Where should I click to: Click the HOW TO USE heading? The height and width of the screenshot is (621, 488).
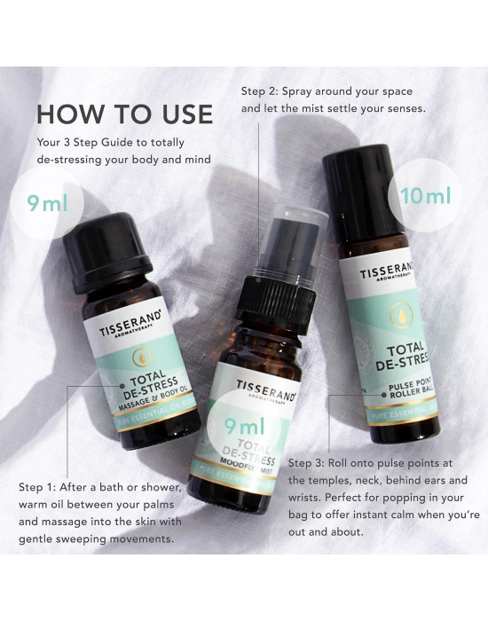[124, 114]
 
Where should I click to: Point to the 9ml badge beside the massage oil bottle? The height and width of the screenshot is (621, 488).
[47, 204]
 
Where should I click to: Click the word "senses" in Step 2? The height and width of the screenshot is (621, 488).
[399, 109]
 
